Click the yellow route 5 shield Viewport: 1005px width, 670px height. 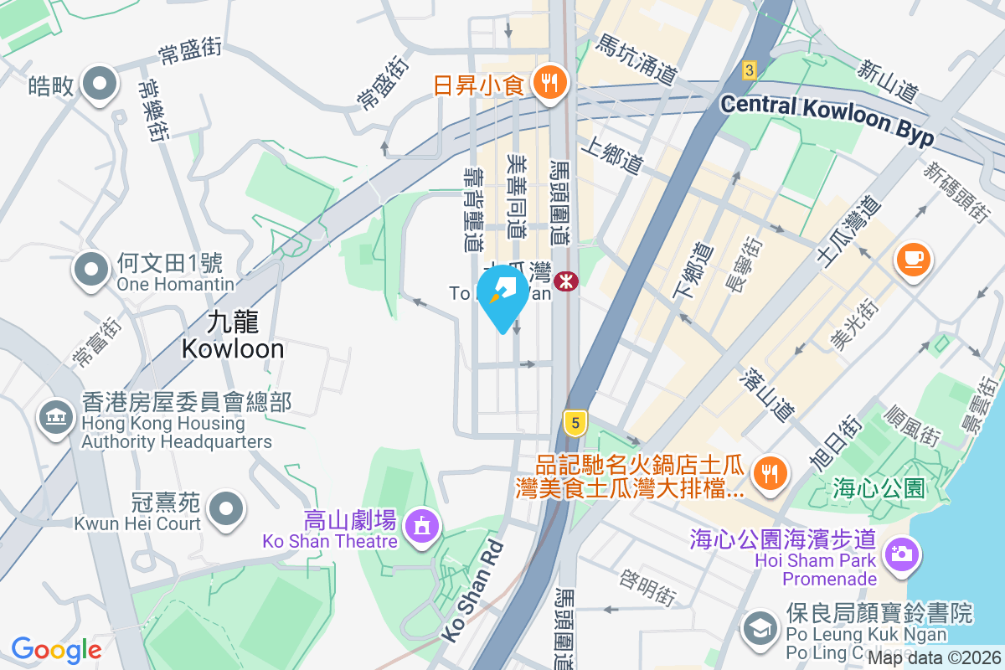pyautogui.click(x=574, y=423)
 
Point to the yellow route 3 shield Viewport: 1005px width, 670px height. pyautogui.click(x=749, y=70)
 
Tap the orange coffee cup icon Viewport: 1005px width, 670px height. pyautogui.click(x=914, y=259)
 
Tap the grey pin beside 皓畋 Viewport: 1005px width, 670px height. pyautogui.click(x=100, y=85)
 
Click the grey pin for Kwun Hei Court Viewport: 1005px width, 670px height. pyautogui.click(x=225, y=509)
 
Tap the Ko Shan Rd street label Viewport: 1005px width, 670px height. pyautogui.click(x=473, y=591)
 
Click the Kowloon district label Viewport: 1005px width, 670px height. pyautogui.click(x=233, y=335)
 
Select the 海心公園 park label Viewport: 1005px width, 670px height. pyautogui.click(x=879, y=487)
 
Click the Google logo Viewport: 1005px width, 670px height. pyautogui.click(x=57, y=649)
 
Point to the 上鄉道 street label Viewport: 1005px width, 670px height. pyautogui.click(x=616, y=157)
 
